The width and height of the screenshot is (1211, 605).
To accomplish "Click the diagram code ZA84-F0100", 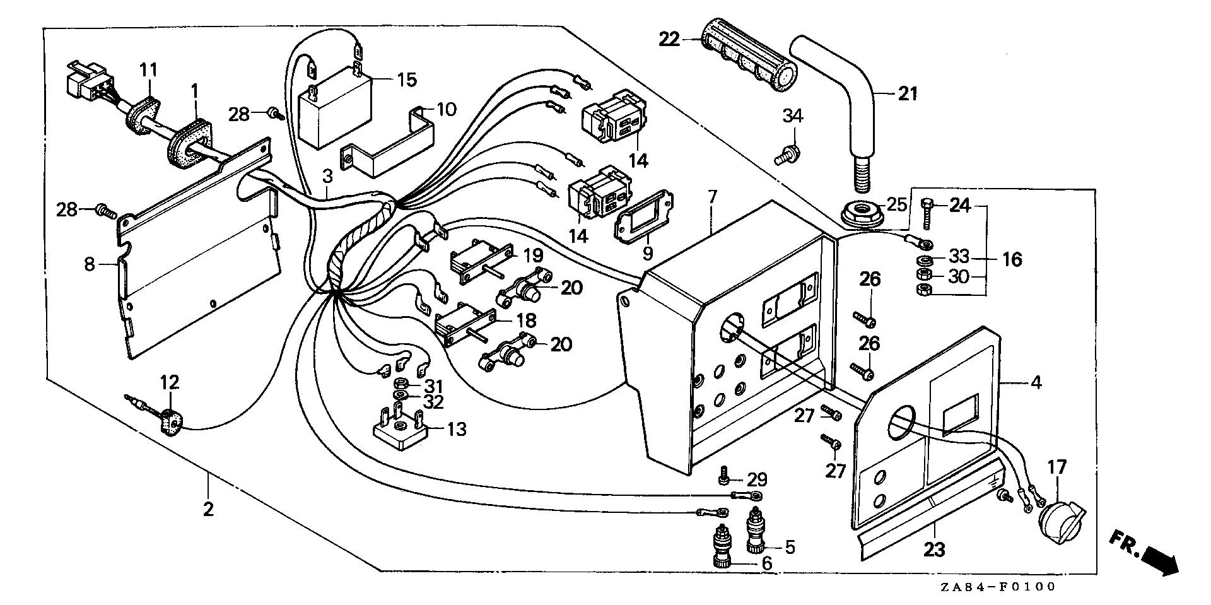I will (997, 587).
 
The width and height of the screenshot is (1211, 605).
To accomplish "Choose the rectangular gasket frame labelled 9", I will (643, 218).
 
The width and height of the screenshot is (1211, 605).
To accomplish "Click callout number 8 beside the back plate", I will (90, 264).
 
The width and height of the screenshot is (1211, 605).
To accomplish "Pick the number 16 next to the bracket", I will (1012, 259).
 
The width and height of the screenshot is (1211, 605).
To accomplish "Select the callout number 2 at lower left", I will (208, 508).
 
